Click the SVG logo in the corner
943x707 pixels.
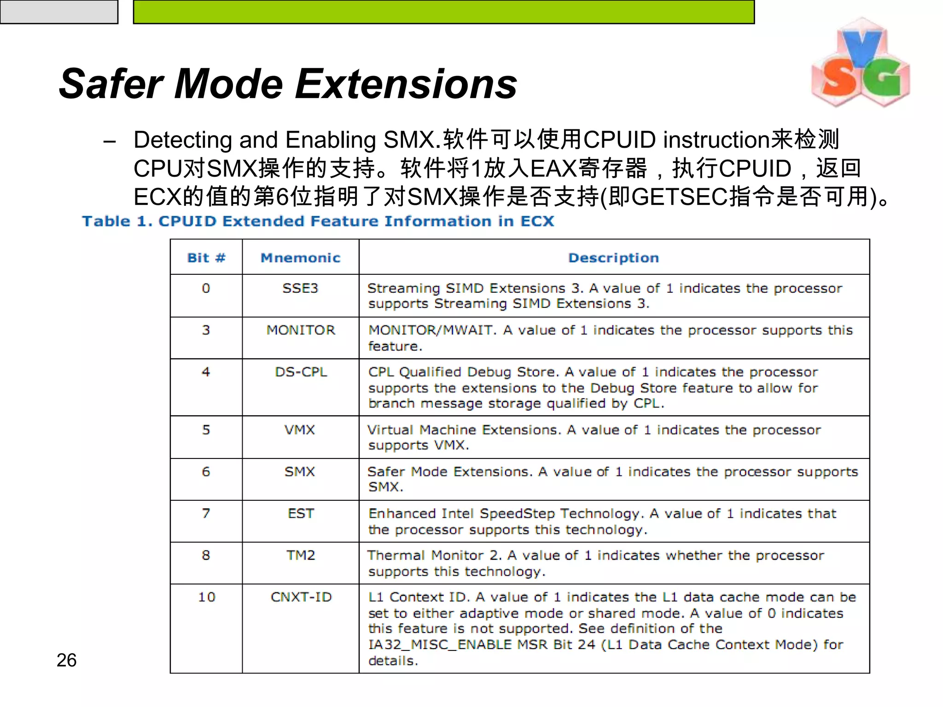(x=860, y=63)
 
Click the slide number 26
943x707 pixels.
(x=66, y=660)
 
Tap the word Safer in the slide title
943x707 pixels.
(x=111, y=84)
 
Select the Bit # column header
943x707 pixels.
(x=206, y=258)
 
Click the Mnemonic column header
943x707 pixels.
(x=300, y=258)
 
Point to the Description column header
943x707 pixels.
(x=613, y=258)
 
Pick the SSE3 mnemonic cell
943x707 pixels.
(x=300, y=288)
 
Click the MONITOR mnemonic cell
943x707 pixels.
(x=301, y=330)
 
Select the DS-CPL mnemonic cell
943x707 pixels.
(x=301, y=372)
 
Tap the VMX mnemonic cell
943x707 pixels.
(x=300, y=430)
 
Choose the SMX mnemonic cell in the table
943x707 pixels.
(x=300, y=472)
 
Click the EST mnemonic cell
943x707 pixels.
(x=301, y=513)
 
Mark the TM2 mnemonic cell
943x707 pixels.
(x=301, y=555)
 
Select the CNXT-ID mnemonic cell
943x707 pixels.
(x=301, y=597)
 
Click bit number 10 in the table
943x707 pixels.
(x=206, y=597)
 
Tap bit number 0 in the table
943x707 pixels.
(x=206, y=288)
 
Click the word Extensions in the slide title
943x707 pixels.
(x=406, y=84)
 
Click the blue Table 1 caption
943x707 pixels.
(x=318, y=221)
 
